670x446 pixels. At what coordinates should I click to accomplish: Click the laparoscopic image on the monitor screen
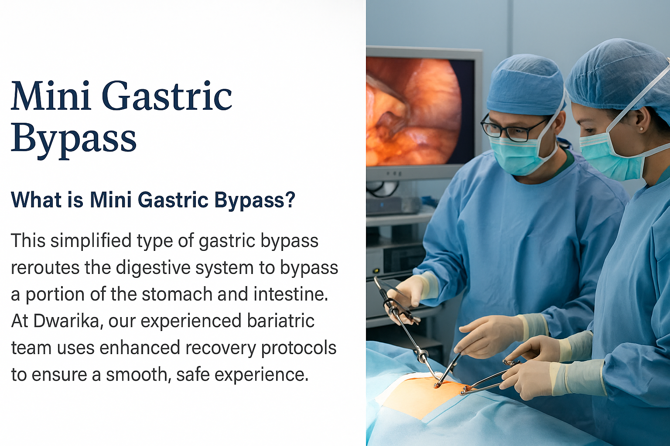pyautogui.click(x=414, y=111)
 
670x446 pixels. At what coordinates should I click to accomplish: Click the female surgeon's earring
pyautogui.click(x=640, y=129)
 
